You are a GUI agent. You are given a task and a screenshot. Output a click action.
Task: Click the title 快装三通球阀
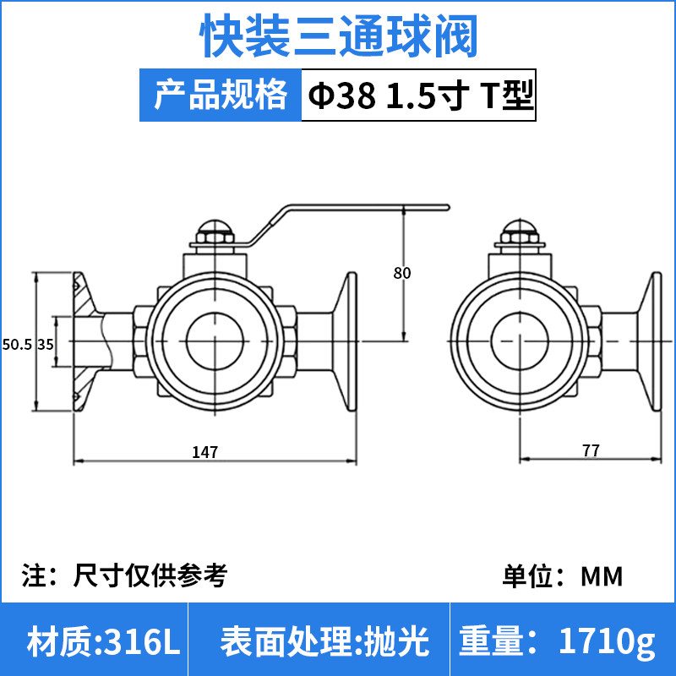point(339,35)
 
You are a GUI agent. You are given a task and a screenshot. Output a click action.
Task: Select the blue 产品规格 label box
point(221,95)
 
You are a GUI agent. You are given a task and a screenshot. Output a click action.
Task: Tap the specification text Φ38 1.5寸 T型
point(421,95)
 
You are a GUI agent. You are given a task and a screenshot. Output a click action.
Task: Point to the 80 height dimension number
point(402,273)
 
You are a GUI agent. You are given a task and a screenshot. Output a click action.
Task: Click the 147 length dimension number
point(205,452)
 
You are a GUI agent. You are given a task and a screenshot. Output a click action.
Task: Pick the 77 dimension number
point(591,450)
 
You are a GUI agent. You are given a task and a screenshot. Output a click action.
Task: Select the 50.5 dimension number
point(17,345)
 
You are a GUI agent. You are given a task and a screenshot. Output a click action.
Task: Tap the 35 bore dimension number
point(46,345)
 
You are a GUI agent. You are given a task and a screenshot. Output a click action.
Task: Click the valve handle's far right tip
point(449,207)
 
